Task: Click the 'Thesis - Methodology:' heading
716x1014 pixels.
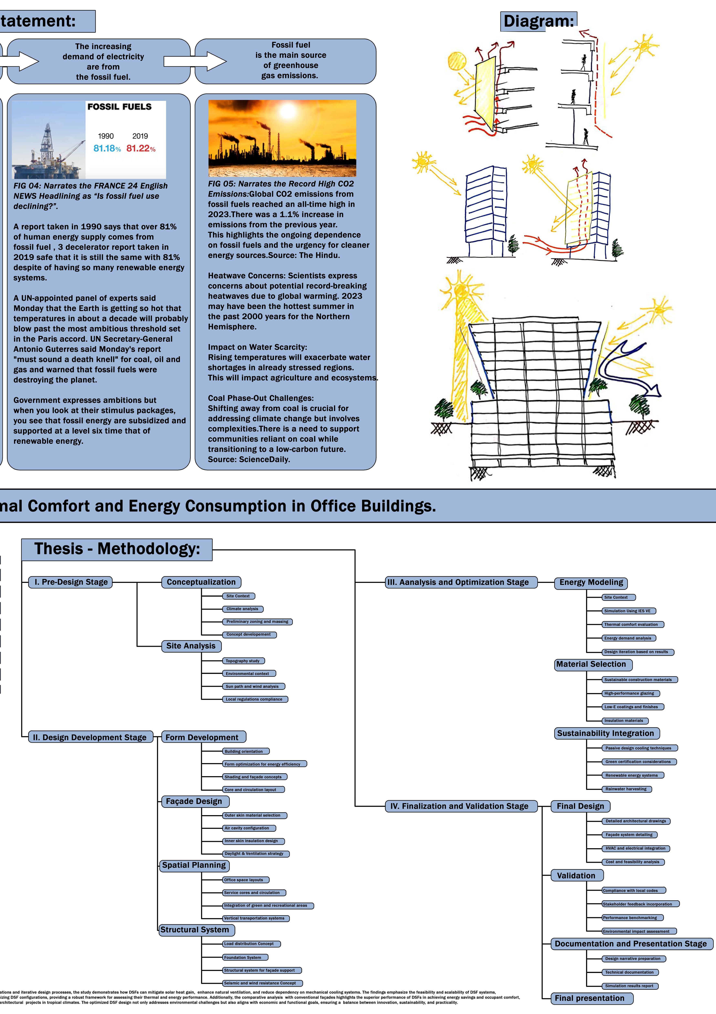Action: click(x=117, y=549)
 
